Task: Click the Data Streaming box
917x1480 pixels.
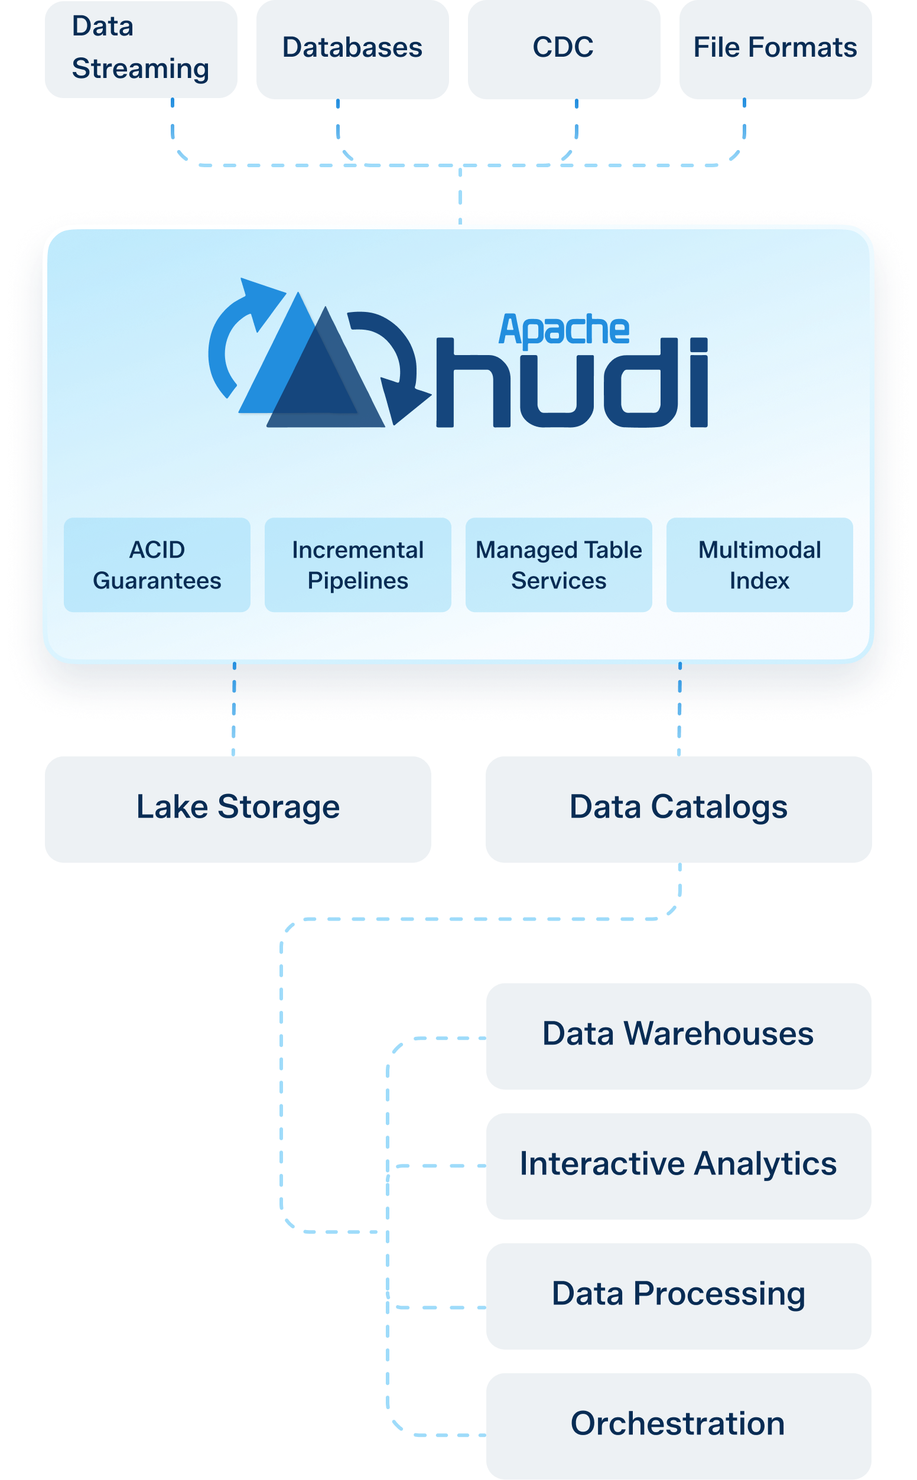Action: click(141, 48)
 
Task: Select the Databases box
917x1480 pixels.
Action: click(352, 48)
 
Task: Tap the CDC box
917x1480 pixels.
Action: click(564, 48)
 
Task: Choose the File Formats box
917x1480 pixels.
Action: click(775, 48)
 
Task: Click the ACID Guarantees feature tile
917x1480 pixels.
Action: click(157, 564)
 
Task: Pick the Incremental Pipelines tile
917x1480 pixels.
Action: click(358, 564)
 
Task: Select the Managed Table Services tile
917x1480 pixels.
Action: click(558, 564)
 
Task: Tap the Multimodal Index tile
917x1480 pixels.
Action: click(759, 564)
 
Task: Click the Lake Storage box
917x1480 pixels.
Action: click(238, 809)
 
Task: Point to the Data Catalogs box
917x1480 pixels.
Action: click(679, 809)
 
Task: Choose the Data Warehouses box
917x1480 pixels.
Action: click(679, 1036)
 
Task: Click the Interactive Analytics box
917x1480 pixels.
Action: click(679, 1165)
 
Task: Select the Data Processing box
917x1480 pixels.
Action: click(679, 1295)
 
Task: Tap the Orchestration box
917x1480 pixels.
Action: click(679, 1426)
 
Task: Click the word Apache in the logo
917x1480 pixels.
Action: click(564, 330)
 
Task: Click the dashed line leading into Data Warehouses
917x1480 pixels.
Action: click(443, 1038)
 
